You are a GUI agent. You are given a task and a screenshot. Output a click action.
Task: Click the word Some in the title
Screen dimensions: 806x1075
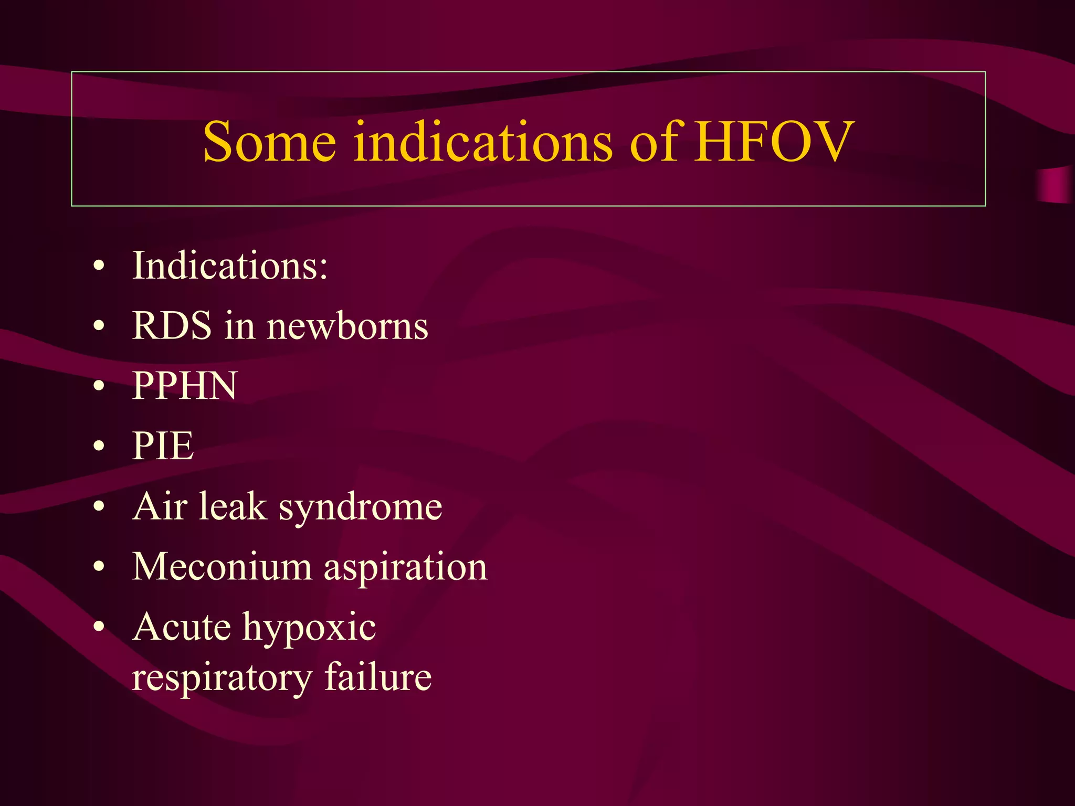click(x=269, y=142)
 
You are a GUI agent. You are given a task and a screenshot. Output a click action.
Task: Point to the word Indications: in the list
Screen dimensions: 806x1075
click(x=230, y=266)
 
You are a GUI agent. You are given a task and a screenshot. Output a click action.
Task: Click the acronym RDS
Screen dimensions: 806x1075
click(x=172, y=326)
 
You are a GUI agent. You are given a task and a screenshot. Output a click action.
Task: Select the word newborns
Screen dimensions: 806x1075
click(x=347, y=326)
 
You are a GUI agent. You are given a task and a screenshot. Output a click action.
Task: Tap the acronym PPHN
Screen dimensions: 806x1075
click(x=185, y=386)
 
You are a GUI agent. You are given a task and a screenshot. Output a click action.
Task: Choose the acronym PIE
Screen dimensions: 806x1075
click(x=163, y=446)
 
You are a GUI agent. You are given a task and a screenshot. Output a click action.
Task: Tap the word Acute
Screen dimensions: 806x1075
click(x=181, y=627)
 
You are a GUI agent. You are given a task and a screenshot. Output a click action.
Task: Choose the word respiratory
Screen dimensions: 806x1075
click(x=222, y=678)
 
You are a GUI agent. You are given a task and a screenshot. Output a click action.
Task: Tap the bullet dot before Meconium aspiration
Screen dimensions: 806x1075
click(x=99, y=568)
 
